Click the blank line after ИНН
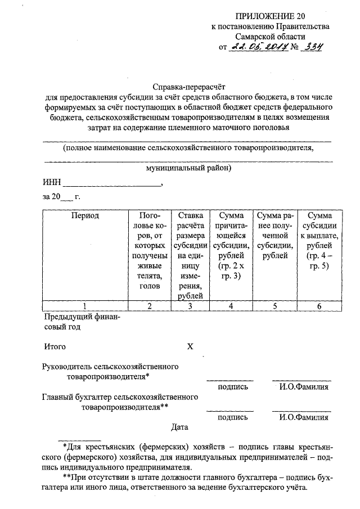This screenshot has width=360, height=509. coord(112,183)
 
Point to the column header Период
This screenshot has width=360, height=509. coord(85,216)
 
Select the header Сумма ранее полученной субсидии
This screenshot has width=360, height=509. coord(274,236)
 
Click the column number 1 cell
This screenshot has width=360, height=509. coord(85,306)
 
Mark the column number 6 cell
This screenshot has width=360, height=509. coord(319,306)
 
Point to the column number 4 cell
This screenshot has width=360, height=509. coord(230,306)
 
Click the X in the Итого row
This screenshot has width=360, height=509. coord(190,346)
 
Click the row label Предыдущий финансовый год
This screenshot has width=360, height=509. coord(81,322)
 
